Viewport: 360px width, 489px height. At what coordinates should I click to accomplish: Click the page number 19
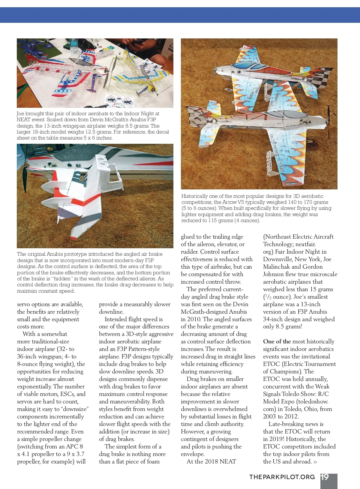coord(325,477)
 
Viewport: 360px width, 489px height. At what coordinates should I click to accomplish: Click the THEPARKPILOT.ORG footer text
coord(282,477)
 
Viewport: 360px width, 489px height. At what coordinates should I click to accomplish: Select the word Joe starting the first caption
coord(20,113)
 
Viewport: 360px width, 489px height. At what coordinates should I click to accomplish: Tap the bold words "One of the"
coord(277,341)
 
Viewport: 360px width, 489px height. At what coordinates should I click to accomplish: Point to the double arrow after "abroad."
coord(315,462)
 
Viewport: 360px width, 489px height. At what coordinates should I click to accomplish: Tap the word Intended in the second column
coord(116,319)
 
